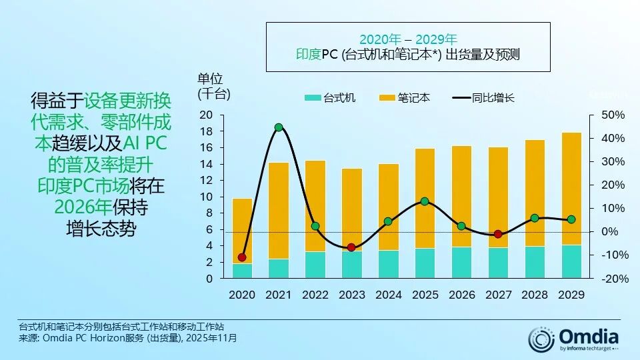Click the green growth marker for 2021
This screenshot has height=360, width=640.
coord(279,127)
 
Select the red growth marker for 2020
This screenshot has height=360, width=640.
coord(242,257)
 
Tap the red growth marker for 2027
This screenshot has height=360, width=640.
coord(498,234)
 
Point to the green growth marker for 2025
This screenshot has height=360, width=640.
coord(425,201)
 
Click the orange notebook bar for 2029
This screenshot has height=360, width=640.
coord(571,189)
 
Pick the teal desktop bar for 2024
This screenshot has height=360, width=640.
coord(388,264)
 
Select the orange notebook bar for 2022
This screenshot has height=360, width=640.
coord(315,206)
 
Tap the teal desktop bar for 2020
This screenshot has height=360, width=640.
coord(242,271)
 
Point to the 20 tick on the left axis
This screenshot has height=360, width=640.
coord(206,115)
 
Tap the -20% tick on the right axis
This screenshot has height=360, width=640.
coord(614,279)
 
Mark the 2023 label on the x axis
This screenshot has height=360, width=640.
coord(351,294)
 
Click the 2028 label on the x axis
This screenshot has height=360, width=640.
coord(535,294)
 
